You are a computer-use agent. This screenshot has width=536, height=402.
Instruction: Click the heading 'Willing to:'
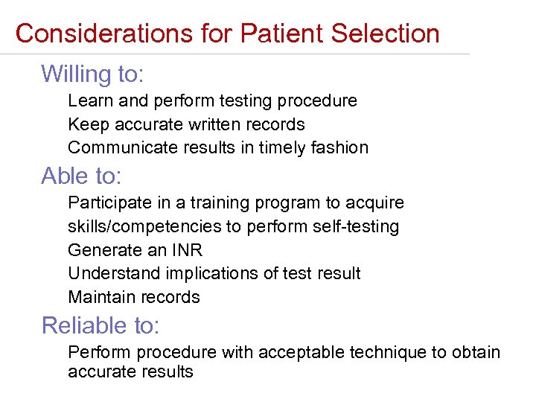92,74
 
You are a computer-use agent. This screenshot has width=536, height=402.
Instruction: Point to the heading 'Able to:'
81,176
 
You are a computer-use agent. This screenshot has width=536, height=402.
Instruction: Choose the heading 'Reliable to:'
100,325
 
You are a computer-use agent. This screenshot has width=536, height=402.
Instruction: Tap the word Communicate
115,147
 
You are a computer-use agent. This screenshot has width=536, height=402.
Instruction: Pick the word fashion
341,147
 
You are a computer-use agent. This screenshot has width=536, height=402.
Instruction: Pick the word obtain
476,352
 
